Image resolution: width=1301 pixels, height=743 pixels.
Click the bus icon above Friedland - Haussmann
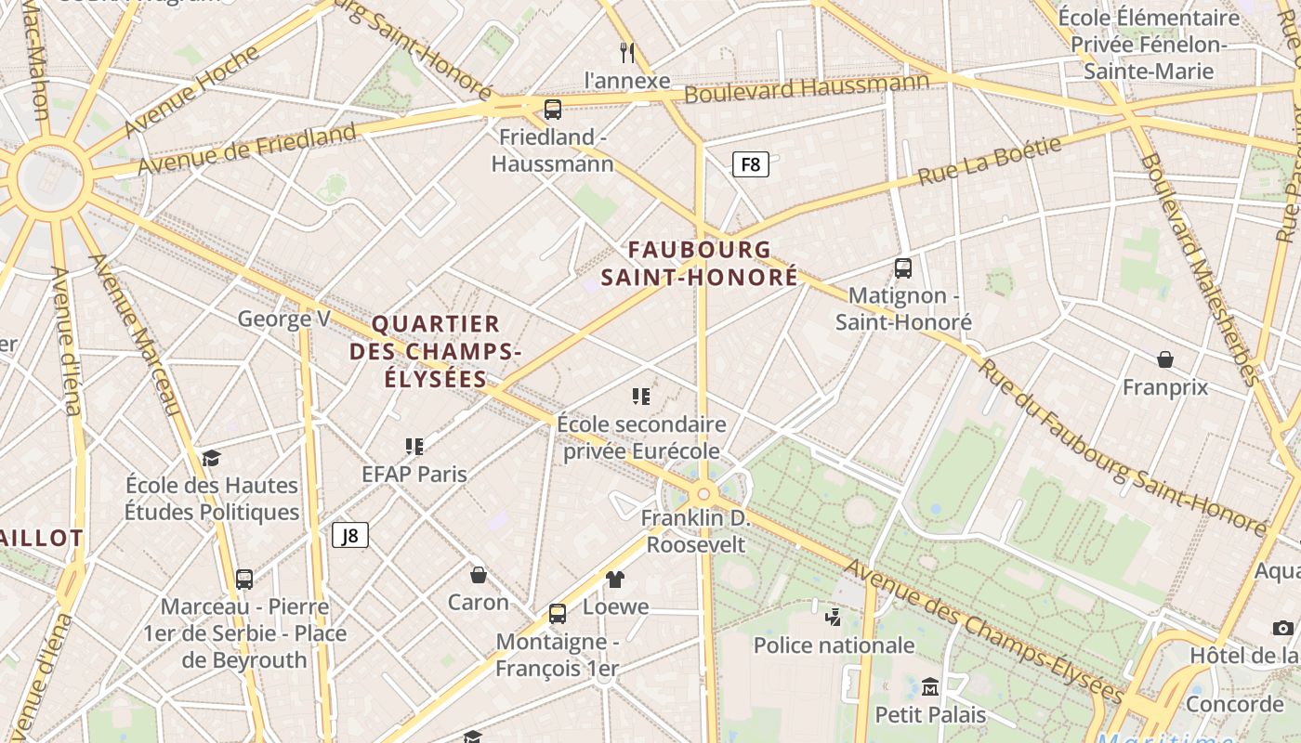point(553,110)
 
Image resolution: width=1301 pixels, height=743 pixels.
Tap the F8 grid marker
point(751,165)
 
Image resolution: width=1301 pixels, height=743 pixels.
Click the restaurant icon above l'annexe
point(627,52)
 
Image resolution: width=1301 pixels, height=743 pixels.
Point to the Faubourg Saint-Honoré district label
point(699,263)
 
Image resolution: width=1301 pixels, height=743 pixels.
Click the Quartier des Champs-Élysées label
point(435,351)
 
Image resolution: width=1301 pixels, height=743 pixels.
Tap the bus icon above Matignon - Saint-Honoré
point(902,268)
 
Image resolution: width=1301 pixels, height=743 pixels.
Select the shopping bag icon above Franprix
point(1165,359)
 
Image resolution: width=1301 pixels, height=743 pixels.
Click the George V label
point(283,319)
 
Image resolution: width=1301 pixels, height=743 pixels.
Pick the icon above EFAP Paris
point(414,447)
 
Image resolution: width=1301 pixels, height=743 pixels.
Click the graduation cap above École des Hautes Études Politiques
point(212,458)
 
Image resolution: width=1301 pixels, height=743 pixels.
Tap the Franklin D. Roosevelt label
point(696,530)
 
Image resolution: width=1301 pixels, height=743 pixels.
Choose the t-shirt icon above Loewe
point(615,580)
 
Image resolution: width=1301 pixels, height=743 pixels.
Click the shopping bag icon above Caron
point(479,575)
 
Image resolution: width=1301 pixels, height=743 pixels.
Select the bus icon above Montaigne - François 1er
point(558,614)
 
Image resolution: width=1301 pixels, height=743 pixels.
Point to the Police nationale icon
point(834,617)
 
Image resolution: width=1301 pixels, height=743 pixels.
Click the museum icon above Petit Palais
point(930,687)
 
